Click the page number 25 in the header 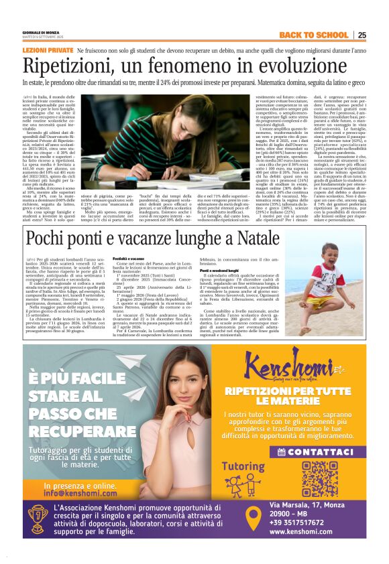[362, 35]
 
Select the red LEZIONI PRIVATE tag [47, 51]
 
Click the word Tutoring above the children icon [243, 465]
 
